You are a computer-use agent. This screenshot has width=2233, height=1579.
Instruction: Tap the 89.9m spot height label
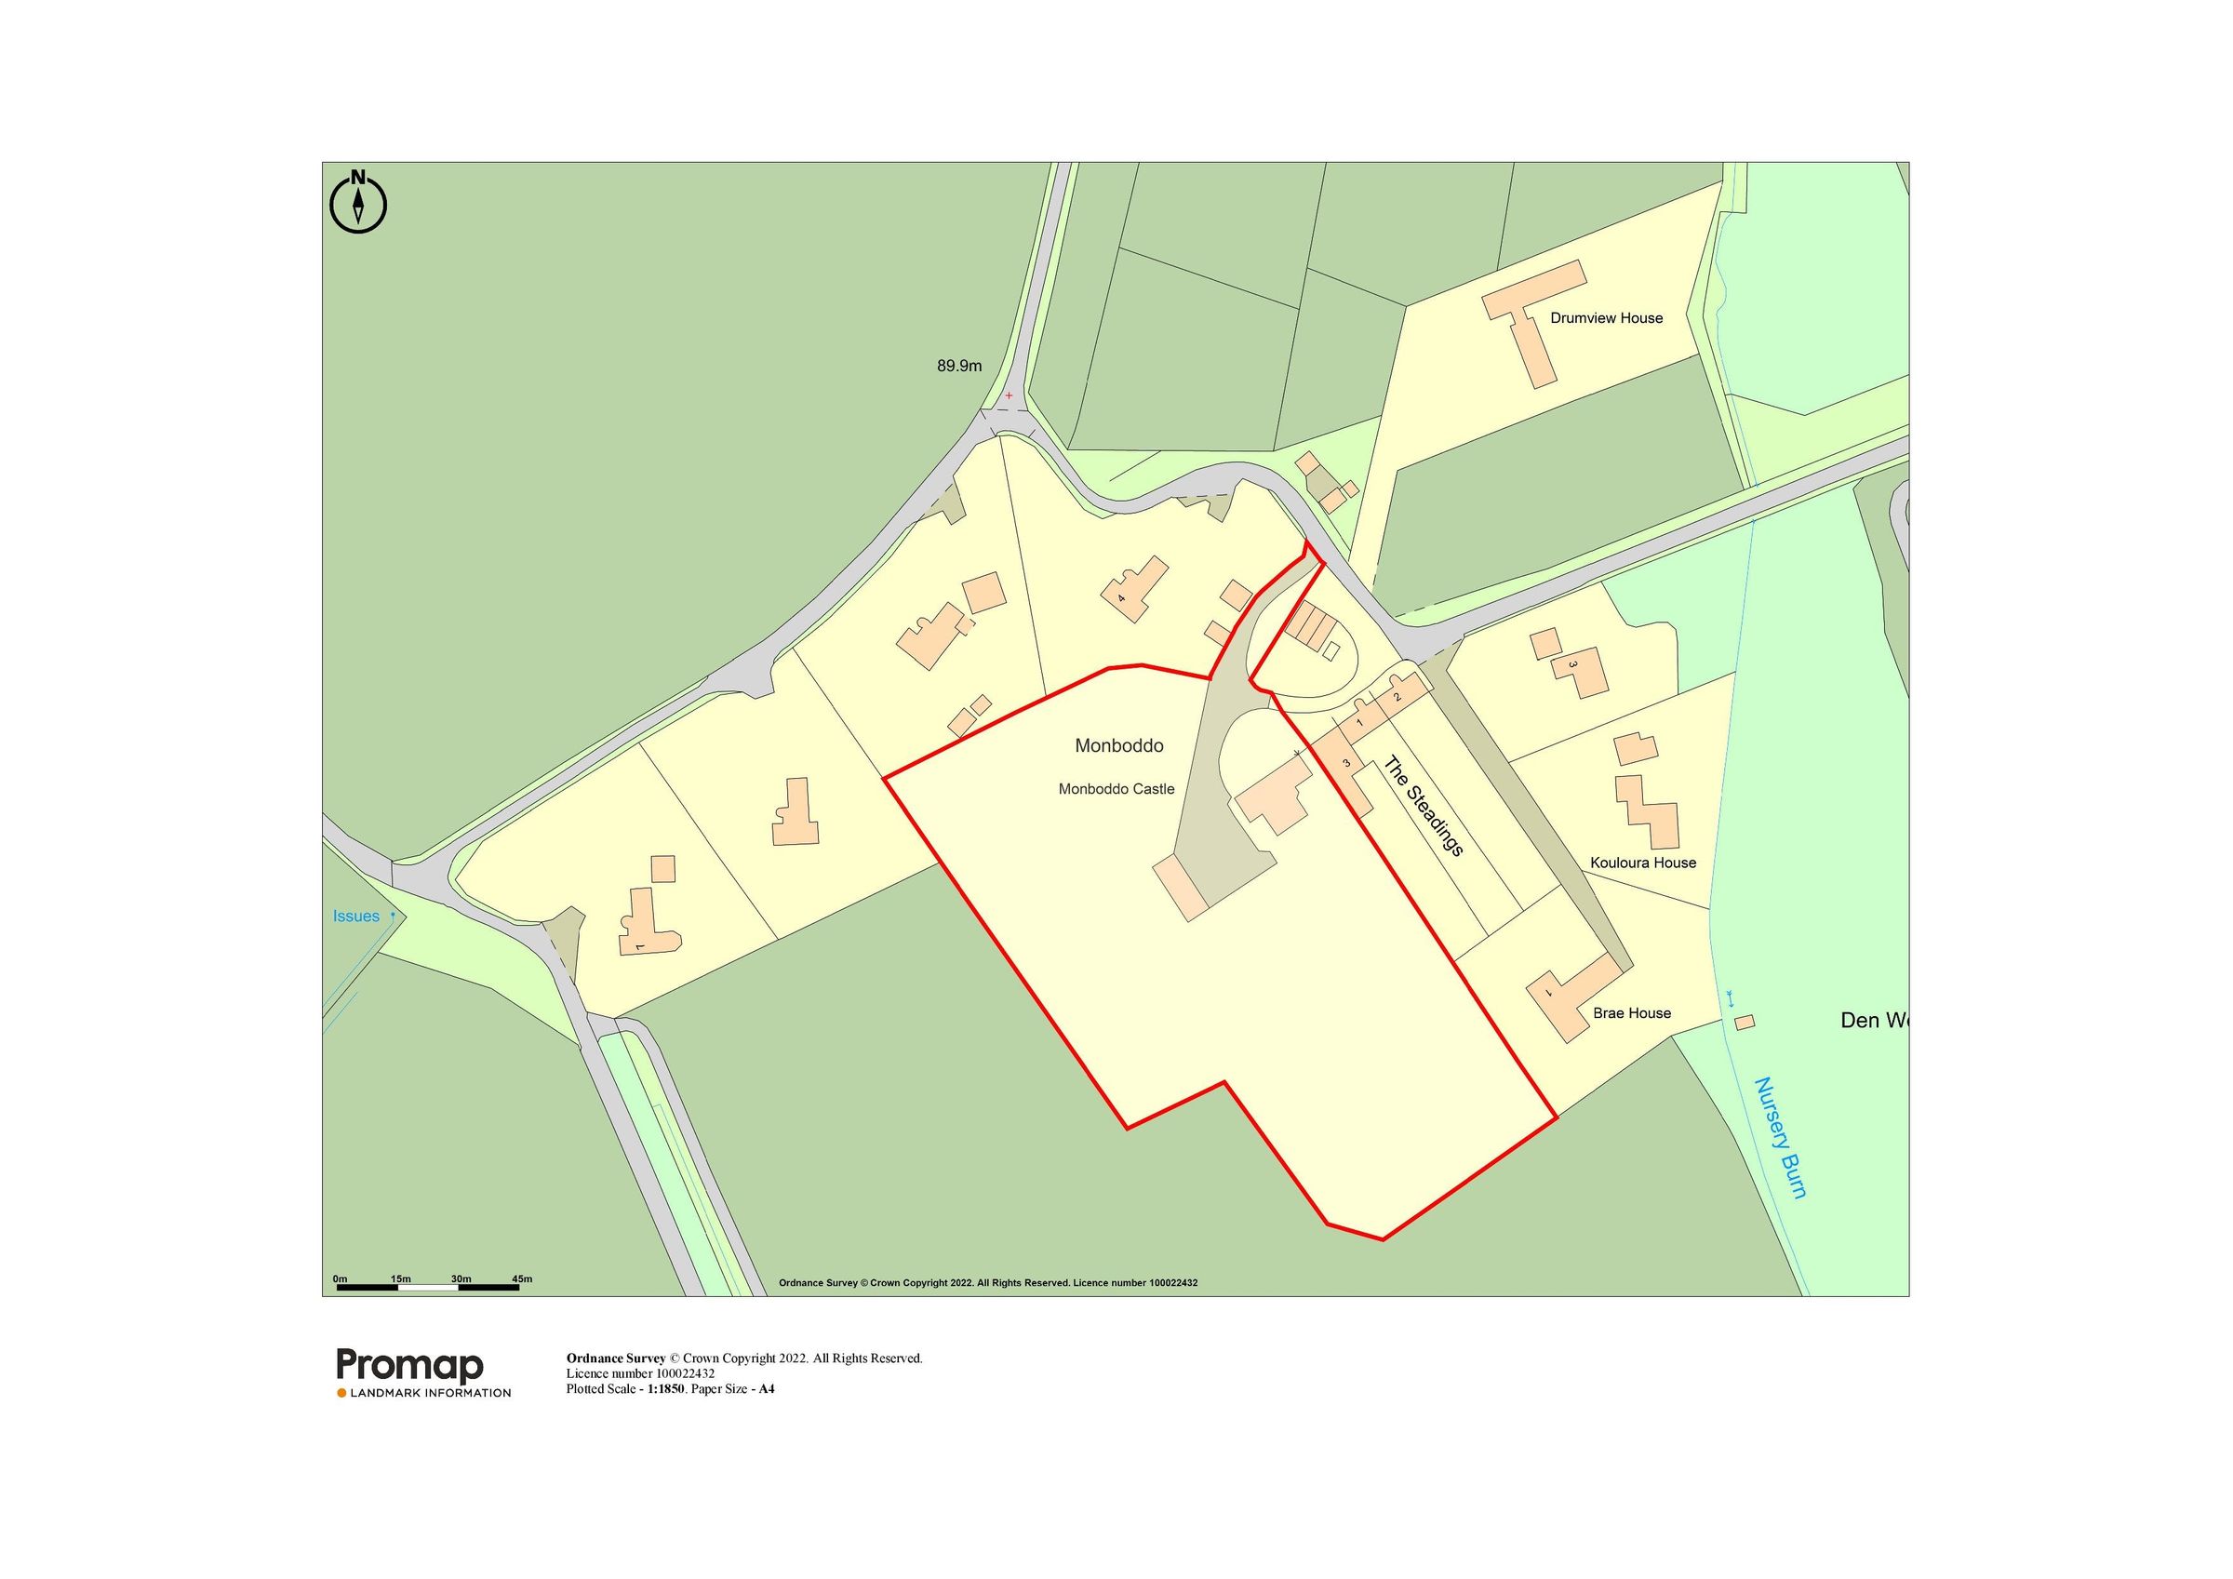pyautogui.click(x=959, y=367)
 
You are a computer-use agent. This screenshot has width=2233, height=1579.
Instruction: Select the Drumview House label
pyautogui.click(x=1606, y=318)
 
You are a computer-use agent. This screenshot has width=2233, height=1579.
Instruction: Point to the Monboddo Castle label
pyautogui.click(x=1116, y=789)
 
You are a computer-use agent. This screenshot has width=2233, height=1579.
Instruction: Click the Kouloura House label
pyautogui.click(x=1643, y=863)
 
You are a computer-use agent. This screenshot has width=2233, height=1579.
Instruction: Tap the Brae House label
pyautogui.click(x=1631, y=1012)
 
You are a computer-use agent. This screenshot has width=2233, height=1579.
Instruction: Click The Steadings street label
pyautogui.click(x=1423, y=807)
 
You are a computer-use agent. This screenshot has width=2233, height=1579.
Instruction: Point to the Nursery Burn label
pyautogui.click(x=1780, y=1151)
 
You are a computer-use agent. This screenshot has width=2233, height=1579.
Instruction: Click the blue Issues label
pyautogui.click(x=356, y=917)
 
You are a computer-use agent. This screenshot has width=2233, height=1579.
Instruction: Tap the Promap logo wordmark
pyautogui.click(x=409, y=1365)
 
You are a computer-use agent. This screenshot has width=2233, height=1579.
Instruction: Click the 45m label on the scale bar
pyautogui.click(x=521, y=1278)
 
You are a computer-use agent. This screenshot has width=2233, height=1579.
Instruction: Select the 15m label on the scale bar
pyautogui.click(x=401, y=1278)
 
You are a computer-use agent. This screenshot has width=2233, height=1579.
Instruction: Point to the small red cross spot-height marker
pyautogui.click(x=1009, y=396)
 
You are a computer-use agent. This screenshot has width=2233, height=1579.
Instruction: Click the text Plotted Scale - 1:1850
pyautogui.click(x=625, y=1388)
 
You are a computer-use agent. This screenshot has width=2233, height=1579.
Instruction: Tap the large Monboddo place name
pyautogui.click(x=1118, y=746)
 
